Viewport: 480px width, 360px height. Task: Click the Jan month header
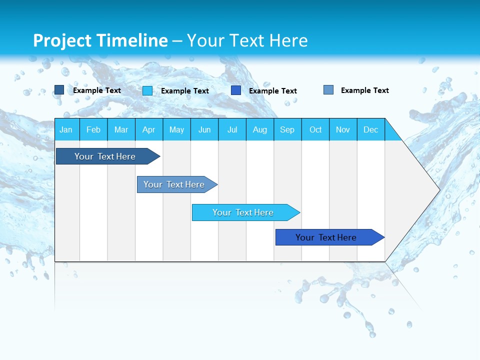tap(66, 129)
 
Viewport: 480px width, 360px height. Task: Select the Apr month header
tap(149, 129)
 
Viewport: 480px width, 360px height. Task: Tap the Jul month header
tap(232, 129)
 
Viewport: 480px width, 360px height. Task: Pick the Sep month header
tap(287, 129)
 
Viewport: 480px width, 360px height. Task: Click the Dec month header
tap(370, 129)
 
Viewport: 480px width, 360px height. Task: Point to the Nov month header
tap(343, 129)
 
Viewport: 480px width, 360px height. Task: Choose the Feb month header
tap(93, 129)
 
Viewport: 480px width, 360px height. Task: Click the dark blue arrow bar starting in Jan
tap(105, 156)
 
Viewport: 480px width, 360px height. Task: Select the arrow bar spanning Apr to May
tap(174, 184)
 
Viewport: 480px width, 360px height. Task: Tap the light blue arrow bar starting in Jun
tap(243, 212)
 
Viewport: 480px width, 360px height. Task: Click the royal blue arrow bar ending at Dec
tap(326, 237)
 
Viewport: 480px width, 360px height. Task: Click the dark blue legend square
tap(59, 90)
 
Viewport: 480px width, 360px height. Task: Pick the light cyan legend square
tap(147, 90)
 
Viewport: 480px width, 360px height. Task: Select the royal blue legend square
tap(236, 90)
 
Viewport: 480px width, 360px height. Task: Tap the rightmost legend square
tap(328, 90)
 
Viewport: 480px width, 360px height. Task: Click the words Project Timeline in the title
tap(100, 40)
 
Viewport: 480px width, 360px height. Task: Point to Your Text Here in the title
tap(247, 40)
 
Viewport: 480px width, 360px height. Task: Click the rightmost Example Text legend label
tap(364, 90)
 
